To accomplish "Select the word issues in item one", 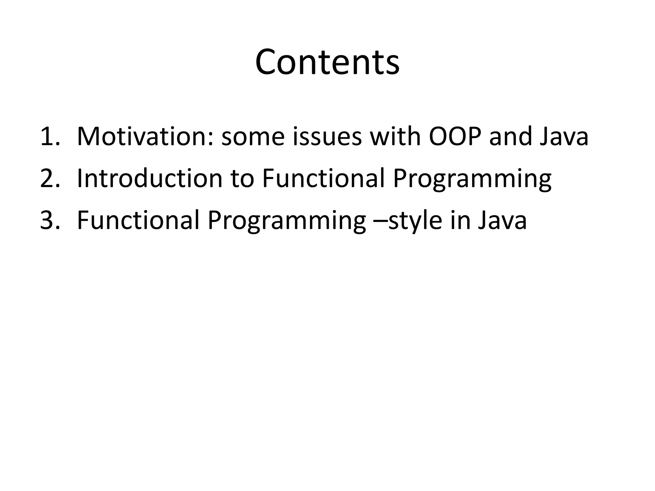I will pyautogui.click(x=327, y=137).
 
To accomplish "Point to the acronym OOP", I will pyautogui.click(x=455, y=137).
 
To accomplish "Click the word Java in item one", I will pyautogui.click(x=564, y=137).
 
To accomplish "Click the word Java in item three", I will pyautogui.click(x=502, y=221).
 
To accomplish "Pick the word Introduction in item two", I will pyautogui.click(x=150, y=179).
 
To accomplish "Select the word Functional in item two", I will pyautogui.click(x=323, y=179).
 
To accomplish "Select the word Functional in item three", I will pyautogui.click(x=138, y=221).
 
